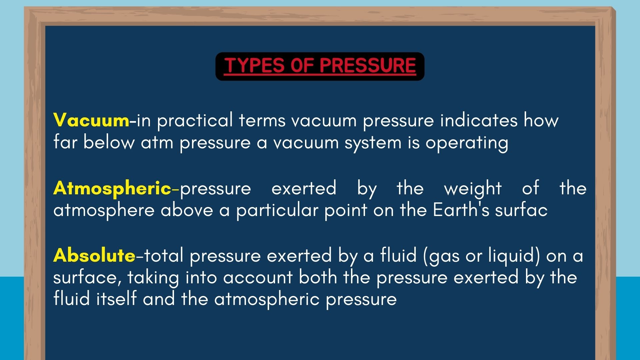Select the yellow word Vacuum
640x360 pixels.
[x=91, y=120]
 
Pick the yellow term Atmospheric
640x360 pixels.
[x=112, y=189]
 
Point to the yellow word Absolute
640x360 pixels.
[x=94, y=256]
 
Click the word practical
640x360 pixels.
[x=195, y=121]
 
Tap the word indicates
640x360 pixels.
[x=479, y=120]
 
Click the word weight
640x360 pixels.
[x=473, y=189]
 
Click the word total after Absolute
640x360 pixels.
[x=164, y=256]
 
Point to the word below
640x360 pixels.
[x=109, y=142]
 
